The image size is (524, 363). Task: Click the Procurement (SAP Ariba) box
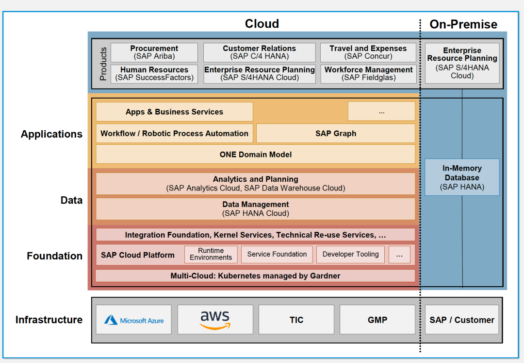coord(154,52)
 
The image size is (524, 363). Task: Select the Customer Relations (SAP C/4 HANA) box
coord(259,52)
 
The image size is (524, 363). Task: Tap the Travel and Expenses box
coord(368,52)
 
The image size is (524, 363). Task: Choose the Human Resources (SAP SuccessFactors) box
coord(154,73)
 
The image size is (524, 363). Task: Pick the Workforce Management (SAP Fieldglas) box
coord(368,73)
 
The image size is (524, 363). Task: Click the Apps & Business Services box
coord(174,112)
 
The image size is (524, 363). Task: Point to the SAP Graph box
coord(335,133)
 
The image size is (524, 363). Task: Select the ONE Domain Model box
coord(256,155)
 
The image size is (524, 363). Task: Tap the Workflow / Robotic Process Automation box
coord(174,133)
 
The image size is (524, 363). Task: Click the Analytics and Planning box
coord(256,184)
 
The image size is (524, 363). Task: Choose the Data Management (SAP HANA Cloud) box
coord(256,209)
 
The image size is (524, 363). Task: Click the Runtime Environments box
coord(211,254)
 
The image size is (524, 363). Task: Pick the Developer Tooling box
coord(350,254)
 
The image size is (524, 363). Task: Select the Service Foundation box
coord(277,254)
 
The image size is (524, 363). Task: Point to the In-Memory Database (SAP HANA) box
coord(462,177)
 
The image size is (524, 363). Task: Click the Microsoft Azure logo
coord(134,320)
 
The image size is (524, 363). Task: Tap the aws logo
coord(215,319)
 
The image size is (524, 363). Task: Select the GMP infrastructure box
coord(377,320)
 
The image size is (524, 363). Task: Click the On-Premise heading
coord(463,24)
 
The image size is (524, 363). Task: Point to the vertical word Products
coord(103,64)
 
